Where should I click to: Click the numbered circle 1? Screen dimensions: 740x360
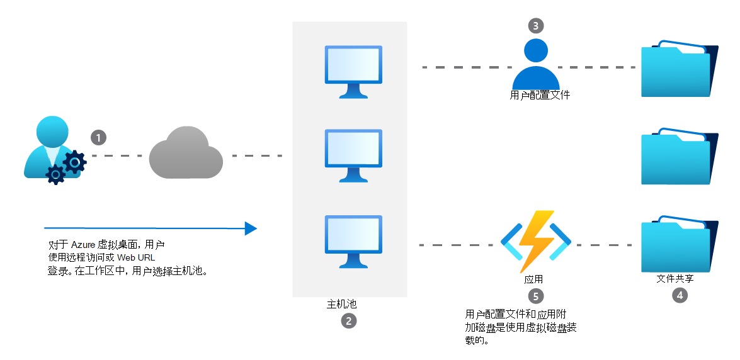coord(99,138)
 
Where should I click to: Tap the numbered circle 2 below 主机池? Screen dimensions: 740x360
coord(349,321)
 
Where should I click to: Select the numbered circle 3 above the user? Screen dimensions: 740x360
coord(536,25)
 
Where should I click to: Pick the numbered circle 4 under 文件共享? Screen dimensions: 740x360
coord(680,295)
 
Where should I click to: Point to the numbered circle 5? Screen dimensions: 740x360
coord(536,296)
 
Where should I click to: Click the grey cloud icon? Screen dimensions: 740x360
coord(186,152)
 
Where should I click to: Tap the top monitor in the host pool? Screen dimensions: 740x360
coord(353,72)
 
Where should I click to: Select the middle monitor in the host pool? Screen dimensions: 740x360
coord(353,155)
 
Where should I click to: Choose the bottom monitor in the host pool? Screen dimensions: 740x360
coord(353,242)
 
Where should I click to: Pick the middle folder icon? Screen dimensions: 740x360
coord(679,156)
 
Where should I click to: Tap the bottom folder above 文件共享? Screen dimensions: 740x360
coord(679,244)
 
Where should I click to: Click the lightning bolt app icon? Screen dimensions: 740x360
coord(536,241)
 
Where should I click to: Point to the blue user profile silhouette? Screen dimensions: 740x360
coord(536,64)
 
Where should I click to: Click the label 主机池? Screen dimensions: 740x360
coord(342,305)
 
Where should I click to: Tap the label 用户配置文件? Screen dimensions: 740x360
coord(540,95)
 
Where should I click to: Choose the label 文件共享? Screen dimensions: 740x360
coord(675,279)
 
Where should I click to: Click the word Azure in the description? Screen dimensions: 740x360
coord(83,244)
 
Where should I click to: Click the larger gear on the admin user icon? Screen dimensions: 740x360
coord(74,162)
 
